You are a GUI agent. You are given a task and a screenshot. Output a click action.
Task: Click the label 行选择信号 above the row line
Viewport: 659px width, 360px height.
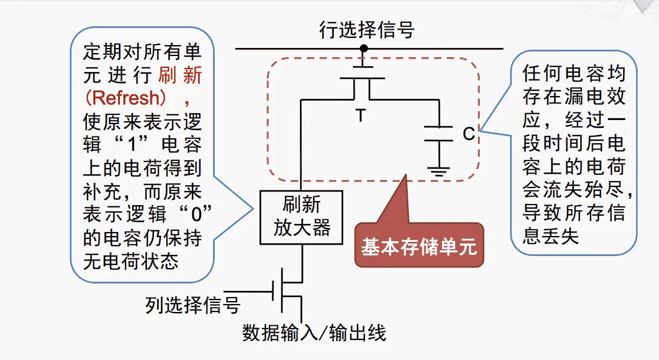click(x=367, y=30)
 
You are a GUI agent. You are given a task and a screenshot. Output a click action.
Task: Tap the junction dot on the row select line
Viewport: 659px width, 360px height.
click(x=363, y=49)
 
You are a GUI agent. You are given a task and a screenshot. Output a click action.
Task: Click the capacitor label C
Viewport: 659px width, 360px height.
click(x=468, y=134)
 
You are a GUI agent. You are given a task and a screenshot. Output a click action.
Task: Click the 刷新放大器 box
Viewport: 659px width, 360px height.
click(x=301, y=217)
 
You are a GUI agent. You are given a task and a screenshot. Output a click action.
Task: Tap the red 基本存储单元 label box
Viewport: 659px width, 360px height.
click(x=419, y=247)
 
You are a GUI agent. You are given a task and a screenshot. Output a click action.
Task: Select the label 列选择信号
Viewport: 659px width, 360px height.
click(x=192, y=306)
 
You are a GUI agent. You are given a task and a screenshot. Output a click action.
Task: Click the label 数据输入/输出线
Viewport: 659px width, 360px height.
click(x=314, y=333)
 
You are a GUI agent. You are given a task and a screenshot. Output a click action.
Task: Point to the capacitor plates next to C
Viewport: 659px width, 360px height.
click(x=439, y=132)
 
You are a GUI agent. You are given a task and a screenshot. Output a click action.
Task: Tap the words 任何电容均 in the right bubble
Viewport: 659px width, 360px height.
click(x=574, y=74)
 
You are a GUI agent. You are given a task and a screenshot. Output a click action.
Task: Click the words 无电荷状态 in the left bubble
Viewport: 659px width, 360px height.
click(x=131, y=262)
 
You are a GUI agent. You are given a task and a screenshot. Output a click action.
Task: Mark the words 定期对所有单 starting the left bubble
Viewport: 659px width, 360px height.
click(x=142, y=53)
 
